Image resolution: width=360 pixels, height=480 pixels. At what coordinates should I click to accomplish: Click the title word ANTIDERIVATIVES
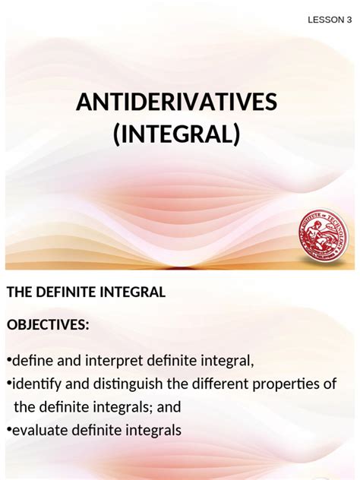tap(177, 103)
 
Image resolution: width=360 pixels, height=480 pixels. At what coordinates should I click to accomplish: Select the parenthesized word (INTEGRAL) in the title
tap(176, 136)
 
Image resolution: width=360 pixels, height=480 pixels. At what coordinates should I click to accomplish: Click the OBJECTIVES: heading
tap(48, 325)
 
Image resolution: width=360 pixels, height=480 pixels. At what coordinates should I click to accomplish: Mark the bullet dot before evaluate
tap(8, 431)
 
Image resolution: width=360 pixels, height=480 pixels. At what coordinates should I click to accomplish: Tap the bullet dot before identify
tap(8, 383)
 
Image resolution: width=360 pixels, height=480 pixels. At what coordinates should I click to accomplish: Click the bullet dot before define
tap(8, 359)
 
